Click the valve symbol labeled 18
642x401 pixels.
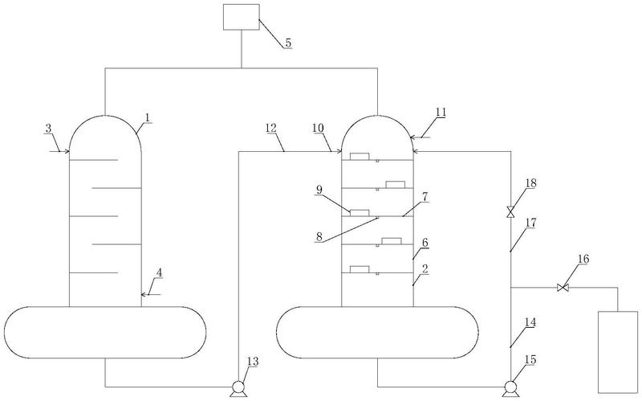510,212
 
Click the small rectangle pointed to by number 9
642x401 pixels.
359,213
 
